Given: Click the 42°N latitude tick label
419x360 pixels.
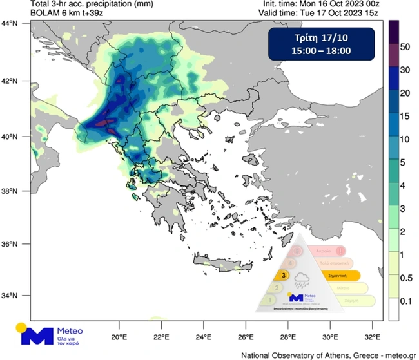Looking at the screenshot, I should [x=10, y=81].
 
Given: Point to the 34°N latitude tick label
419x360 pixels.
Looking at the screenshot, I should [x=10, y=296].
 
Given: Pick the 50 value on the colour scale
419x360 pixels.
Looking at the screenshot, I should [x=405, y=47].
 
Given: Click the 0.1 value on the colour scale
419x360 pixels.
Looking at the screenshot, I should [x=406, y=300].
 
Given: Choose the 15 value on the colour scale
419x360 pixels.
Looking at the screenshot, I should [x=405, y=117].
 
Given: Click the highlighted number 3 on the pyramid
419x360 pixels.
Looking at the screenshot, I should [x=284, y=274].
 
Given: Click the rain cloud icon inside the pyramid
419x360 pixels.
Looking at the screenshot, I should [x=302, y=280].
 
